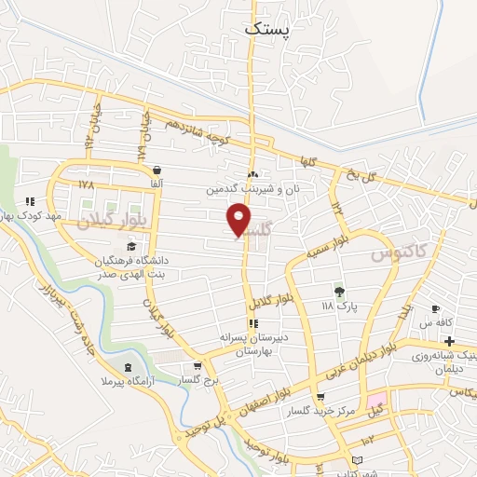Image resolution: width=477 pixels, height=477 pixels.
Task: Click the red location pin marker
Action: [x=239, y=220]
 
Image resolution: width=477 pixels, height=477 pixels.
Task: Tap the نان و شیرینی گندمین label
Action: [x=252, y=189]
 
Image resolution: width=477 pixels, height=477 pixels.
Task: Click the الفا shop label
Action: [x=156, y=184]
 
